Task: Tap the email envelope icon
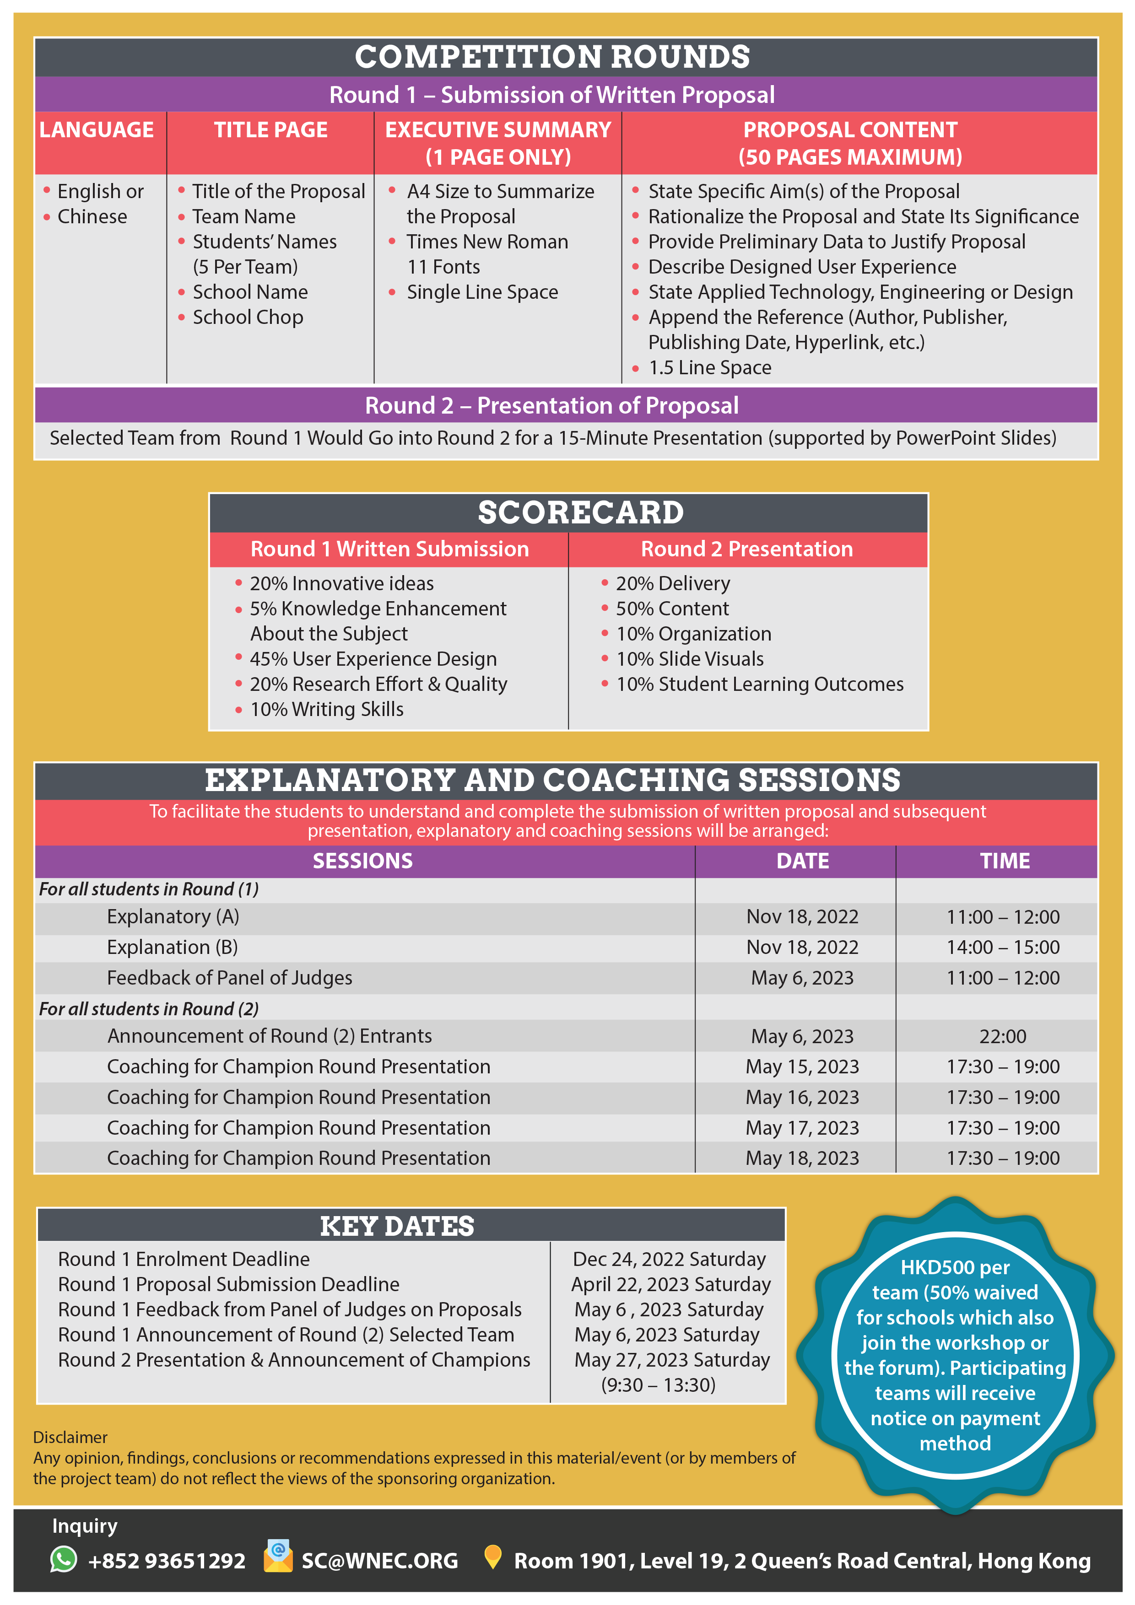pos(278,1558)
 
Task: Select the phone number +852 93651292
pos(167,1561)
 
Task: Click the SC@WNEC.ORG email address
pos(380,1561)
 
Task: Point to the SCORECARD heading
pos(580,512)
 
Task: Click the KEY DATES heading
pos(397,1226)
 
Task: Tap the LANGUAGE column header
pos(97,130)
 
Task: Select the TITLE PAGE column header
pos(270,130)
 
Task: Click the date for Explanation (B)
pos(802,947)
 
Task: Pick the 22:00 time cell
pos(1003,1036)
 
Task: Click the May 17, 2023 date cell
pos(802,1127)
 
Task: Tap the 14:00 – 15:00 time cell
pos(1003,947)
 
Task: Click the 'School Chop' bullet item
pos(248,318)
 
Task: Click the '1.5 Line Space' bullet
pos(710,368)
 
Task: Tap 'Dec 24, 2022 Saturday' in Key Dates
pos(669,1259)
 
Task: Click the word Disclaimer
pos(70,1437)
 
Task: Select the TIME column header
pos(1004,861)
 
